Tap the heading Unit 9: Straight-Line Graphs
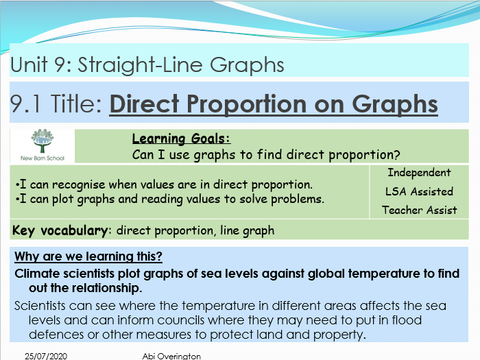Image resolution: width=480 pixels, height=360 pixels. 147,65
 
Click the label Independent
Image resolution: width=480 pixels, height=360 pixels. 419,173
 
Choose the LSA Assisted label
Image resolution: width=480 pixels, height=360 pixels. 419,191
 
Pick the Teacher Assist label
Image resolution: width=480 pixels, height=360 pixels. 419,210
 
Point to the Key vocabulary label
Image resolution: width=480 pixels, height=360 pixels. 60,230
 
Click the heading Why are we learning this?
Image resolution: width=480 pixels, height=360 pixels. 88,257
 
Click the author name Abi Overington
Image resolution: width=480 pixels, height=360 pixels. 171,356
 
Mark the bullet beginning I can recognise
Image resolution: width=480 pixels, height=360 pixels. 164,184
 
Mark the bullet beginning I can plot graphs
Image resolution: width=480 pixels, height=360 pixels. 169,199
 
